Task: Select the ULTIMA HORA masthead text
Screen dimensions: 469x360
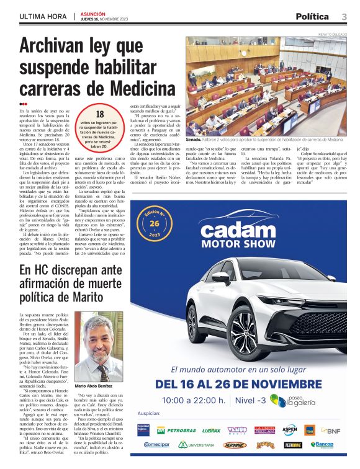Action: (44, 17)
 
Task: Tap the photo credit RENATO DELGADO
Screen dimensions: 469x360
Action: (331, 33)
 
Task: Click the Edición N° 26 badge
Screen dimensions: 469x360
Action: (154, 221)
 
